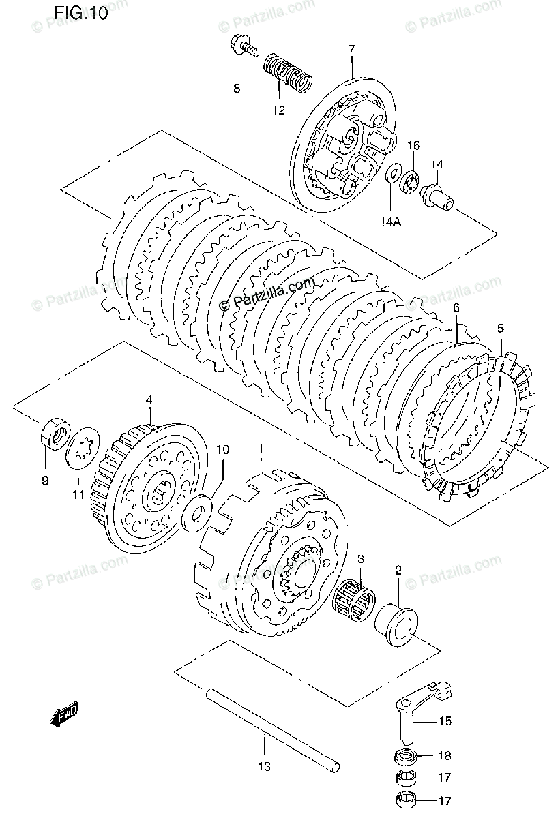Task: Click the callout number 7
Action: click(x=352, y=49)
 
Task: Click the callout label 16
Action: click(x=414, y=146)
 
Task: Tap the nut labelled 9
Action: click(x=55, y=435)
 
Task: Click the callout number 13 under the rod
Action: click(x=264, y=767)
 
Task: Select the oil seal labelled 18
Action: click(x=407, y=757)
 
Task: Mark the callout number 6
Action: click(x=456, y=309)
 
